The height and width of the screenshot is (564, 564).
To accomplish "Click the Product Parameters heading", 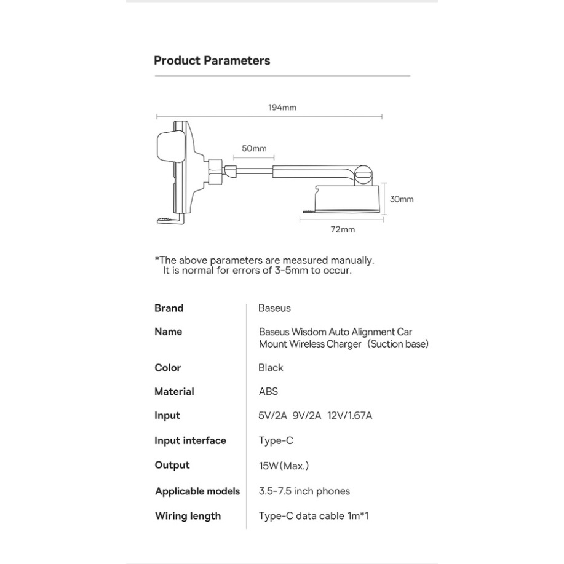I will [x=212, y=61].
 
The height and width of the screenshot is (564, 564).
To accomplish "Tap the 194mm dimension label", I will [x=282, y=108].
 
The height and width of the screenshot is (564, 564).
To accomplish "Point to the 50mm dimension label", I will [x=254, y=149].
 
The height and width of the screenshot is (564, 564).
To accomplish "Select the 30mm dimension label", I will [x=402, y=199].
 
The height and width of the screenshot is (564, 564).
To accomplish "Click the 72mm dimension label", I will [x=343, y=230].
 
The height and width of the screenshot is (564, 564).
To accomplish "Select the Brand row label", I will [x=169, y=308].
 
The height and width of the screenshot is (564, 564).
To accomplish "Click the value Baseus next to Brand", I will [x=274, y=308].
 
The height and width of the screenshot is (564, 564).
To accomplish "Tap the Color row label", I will [x=167, y=368].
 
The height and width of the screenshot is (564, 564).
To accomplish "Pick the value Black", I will [x=271, y=368].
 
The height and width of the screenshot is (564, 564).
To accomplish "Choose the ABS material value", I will [x=268, y=392].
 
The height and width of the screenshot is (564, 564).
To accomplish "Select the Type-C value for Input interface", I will [x=276, y=441].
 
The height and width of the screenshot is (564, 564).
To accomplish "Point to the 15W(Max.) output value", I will [x=284, y=466].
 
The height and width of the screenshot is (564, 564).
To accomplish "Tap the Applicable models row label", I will [x=197, y=491].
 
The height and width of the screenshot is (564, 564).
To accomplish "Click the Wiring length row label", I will [x=188, y=516].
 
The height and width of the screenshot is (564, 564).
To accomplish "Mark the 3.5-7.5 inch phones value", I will [x=304, y=491].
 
